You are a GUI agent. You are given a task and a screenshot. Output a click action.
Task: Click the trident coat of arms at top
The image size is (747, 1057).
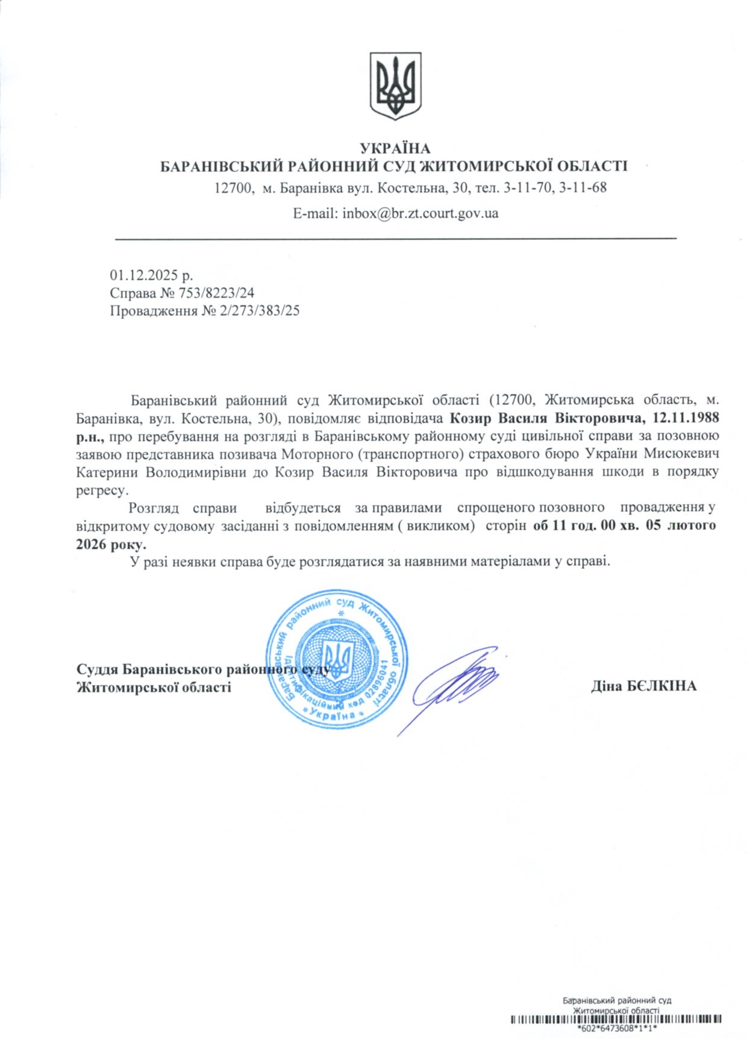(395, 85)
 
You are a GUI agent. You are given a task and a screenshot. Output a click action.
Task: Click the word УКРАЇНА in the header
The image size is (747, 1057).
(395, 148)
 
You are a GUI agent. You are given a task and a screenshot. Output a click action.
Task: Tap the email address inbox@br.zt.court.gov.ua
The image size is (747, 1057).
(420, 213)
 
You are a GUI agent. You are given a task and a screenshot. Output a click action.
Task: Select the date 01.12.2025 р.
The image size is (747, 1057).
(151, 275)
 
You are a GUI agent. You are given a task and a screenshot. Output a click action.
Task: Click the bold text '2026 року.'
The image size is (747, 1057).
(111, 544)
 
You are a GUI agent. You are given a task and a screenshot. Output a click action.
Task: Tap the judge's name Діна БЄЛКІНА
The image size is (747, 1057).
(643, 686)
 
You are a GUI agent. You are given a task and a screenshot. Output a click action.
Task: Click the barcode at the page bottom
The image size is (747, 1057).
(616, 1020)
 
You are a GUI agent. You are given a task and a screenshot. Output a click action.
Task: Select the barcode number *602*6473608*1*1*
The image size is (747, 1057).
(616, 1029)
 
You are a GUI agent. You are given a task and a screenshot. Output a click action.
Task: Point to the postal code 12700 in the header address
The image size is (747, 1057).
(232, 187)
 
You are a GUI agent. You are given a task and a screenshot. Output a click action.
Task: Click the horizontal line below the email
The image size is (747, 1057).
(395, 239)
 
